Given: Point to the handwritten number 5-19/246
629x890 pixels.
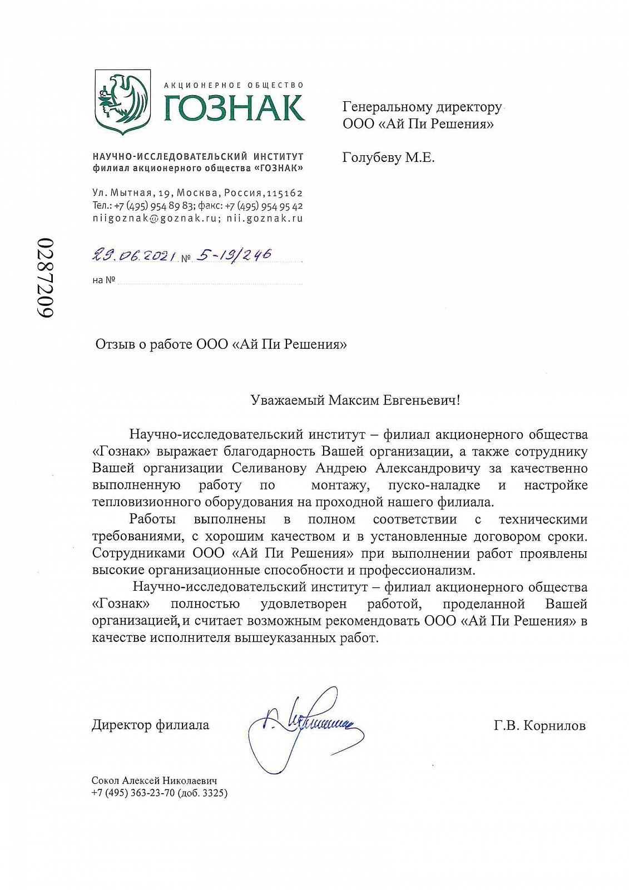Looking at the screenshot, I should click(233, 255).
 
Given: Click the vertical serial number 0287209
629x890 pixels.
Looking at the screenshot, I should click(46, 278).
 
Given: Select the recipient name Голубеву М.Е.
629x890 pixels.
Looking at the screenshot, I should click(388, 158).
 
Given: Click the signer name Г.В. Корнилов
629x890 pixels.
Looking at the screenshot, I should click(539, 725).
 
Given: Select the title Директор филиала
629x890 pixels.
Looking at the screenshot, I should click(150, 725).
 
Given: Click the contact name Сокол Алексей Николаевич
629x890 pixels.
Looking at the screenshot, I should click(154, 781).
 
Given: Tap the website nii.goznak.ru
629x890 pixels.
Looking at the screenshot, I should click(265, 218).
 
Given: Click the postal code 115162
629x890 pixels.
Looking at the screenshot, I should click(284, 193).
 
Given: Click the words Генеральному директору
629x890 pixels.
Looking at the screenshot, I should click(422, 107).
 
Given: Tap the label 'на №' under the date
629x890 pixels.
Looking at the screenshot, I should click(103, 280).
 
